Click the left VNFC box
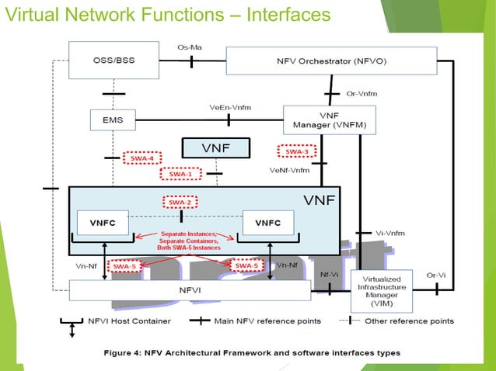pos(102,222)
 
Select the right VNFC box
pos(268,222)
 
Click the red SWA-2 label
pos(180,202)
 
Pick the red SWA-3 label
pos(296,151)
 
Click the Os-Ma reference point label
pos(190,47)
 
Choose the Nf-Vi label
pos(329,274)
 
